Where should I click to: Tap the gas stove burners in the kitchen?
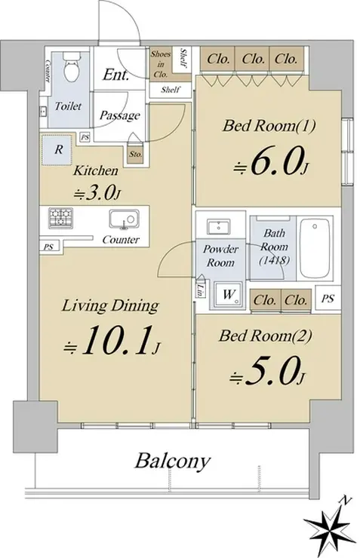coord(61,218)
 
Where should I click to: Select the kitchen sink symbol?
coord(124,219)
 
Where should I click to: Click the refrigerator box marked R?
coord(58,149)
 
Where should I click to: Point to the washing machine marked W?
coord(229,294)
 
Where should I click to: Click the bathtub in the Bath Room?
coord(314,247)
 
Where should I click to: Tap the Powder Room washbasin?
coord(219,227)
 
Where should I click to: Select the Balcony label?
coord(172,461)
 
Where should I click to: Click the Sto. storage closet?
coord(136,154)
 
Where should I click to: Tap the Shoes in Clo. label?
coord(161,64)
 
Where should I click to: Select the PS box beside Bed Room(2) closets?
coord(328,298)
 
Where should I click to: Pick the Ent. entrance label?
coord(115,75)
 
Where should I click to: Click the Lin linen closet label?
coord(202,288)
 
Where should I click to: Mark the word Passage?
coord(120,115)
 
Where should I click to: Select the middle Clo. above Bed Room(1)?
coord(253,59)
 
